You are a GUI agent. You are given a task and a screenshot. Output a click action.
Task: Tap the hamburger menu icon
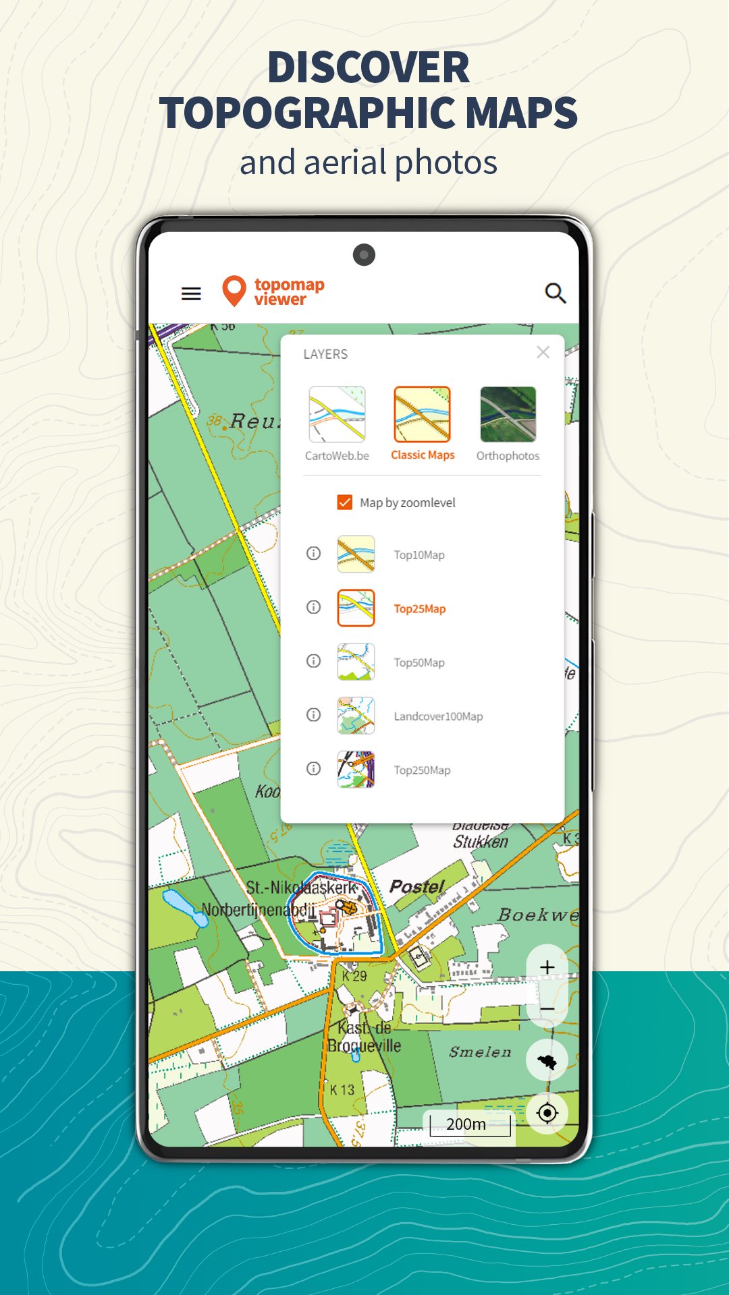coord(191,293)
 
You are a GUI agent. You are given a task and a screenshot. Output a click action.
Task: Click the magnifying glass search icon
coord(555,293)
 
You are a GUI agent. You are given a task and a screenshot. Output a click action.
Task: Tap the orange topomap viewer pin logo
coord(234,291)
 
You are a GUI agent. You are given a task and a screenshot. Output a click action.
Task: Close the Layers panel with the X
coord(543,352)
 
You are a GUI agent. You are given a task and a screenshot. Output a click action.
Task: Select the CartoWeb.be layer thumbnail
coord(337,414)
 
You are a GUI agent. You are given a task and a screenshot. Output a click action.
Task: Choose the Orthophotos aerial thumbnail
coord(508,414)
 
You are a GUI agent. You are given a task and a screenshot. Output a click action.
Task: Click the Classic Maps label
coord(423,455)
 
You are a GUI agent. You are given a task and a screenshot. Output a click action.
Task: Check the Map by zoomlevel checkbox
coord(345,502)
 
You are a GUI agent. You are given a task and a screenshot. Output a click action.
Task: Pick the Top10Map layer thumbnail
coord(356,554)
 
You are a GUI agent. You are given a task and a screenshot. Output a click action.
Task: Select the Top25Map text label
coord(420,609)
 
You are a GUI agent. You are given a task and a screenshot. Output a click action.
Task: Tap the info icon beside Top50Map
coord(313,661)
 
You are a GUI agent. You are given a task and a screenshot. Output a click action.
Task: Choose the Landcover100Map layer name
coord(438,716)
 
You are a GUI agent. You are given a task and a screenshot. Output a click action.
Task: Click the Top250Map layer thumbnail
coord(356,770)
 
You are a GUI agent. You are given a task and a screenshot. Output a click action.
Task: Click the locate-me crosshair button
coord(547,1113)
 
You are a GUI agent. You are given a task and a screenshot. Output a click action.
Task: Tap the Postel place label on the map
coord(416,886)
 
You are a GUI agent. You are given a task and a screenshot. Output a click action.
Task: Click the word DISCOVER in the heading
coord(368,67)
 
